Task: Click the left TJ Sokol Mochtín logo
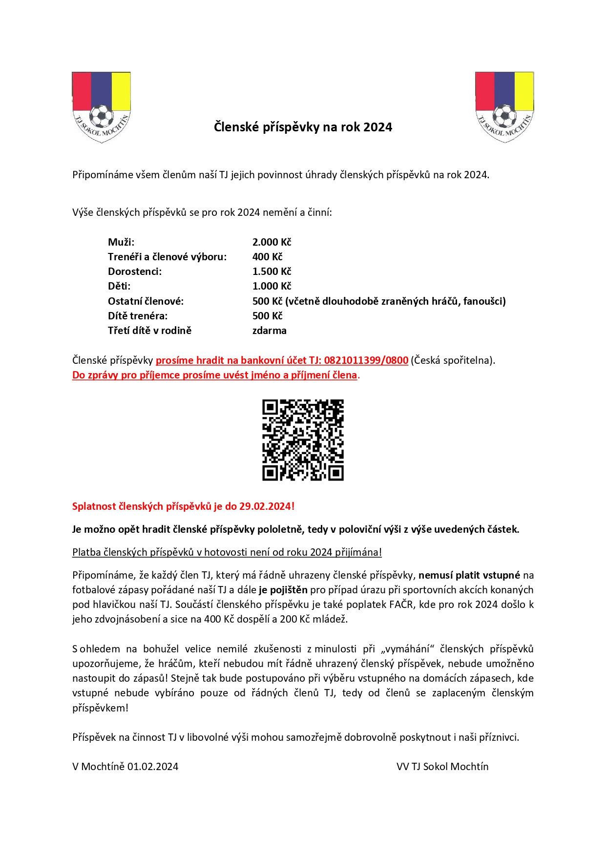click(x=101, y=107)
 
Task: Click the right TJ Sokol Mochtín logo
click(x=504, y=107)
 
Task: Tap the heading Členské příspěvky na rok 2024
click(x=303, y=127)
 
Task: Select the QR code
click(x=303, y=440)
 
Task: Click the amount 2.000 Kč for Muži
click(x=272, y=242)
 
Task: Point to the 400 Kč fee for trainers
click(x=267, y=257)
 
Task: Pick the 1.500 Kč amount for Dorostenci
click(x=272, y=272)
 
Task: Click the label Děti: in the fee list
click(x=119, y=286)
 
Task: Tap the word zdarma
click(x=269, y=331)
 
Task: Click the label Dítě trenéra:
click(x=138, y=316)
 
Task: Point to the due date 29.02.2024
click(x=265, y=506)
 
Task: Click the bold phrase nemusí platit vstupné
click(x=469, y=575)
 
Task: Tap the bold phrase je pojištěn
click(x=283, y=590)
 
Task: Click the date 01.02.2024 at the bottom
click(x=153, y=767)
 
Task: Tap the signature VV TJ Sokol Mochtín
click(x=442, y=767)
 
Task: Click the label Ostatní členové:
click(x=146, y=301)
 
